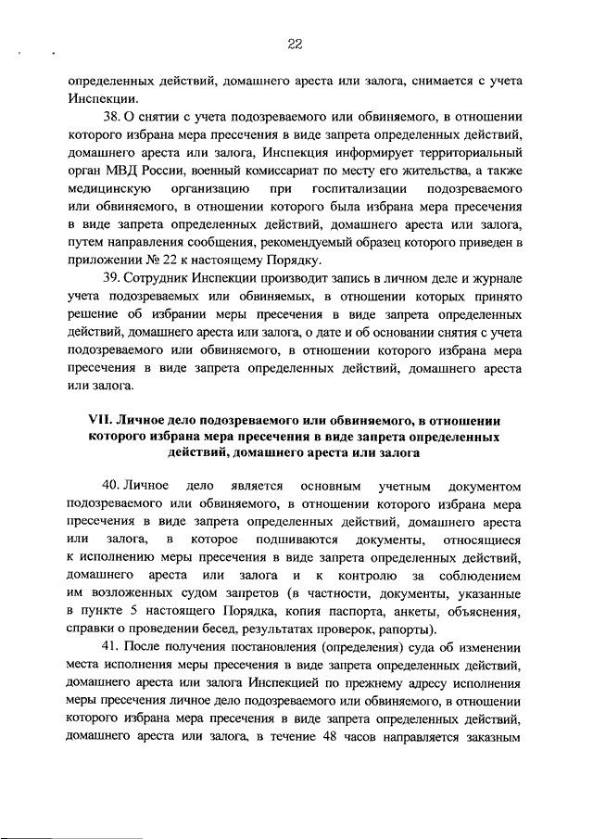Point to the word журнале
tap(494, 277)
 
